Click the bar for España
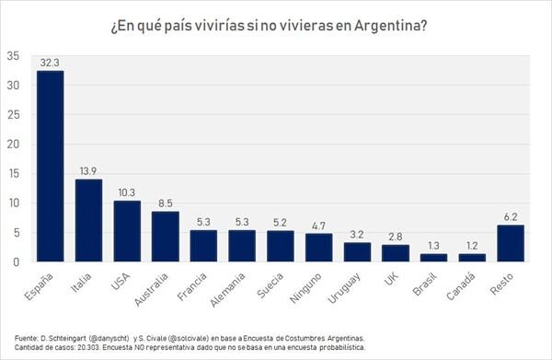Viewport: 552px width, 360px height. (51, 166)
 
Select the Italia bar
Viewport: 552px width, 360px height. (88, 220)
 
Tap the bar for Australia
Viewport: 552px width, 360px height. (165, 237)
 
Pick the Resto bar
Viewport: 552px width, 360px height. (511, 243)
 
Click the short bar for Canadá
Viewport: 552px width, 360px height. (472, 258)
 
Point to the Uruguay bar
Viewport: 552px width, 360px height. (357, 252)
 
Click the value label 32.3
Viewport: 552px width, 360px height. (50, 63)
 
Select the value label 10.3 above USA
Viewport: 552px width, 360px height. (127, 192)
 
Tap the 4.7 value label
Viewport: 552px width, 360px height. (318, 226)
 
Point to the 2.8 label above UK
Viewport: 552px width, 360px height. (396, 237)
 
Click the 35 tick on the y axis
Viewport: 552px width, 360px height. (13, 56)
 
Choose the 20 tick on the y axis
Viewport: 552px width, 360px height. (13, 144)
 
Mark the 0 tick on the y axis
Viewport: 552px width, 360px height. (17, 262)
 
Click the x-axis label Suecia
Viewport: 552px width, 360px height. (270, 285)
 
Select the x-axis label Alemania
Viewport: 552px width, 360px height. (227, 290)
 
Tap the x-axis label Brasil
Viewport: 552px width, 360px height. (425, 284)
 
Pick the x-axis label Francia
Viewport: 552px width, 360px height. (192, 286)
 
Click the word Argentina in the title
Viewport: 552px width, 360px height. (391, 27)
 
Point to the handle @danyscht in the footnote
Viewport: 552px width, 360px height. (109, 338)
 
